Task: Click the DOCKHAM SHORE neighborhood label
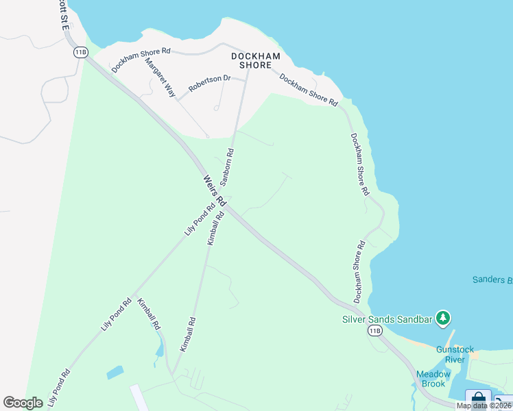(256, 60)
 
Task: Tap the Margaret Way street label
(160, 77)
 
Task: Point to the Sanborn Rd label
(227, 166)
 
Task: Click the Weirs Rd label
(214, 190)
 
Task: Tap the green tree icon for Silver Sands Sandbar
(443, 318)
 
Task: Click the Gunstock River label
(455, 354)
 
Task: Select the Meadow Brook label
(433, 379)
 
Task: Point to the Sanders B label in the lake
(492, 279)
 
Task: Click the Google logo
(23, 403)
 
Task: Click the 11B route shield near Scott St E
(81, 52)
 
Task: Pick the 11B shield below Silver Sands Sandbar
(374, 331)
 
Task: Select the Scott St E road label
(62, 14)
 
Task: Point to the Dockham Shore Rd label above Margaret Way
(141, 60)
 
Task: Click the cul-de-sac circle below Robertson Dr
(216, 108)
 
